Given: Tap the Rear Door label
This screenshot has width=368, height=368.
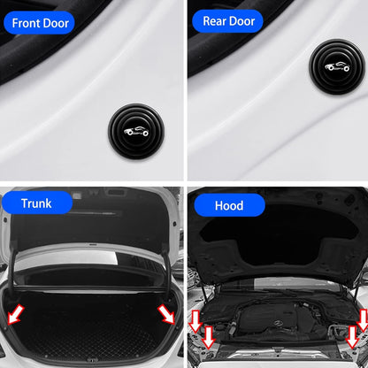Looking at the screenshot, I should pyautogui.click(x=228, y=21).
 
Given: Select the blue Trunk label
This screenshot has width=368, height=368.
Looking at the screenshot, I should pyautogui.click(x=37, y=203).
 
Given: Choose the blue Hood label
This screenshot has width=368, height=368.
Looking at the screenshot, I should pyautogui.click(x=228, y=206).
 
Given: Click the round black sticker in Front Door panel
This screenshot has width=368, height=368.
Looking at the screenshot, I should pyautogui.click(x=136, y=130).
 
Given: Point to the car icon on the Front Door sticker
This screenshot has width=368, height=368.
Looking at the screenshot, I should pyautogui.click(x=136, y=131).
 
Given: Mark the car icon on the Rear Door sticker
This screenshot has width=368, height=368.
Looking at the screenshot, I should pyautogui.click(x=337, y=66).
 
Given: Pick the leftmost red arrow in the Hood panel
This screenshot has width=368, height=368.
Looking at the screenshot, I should pyautogui.click(x=195, y=319).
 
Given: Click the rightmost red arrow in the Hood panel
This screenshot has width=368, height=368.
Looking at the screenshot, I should pyautogui.click(x=363, y=319).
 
